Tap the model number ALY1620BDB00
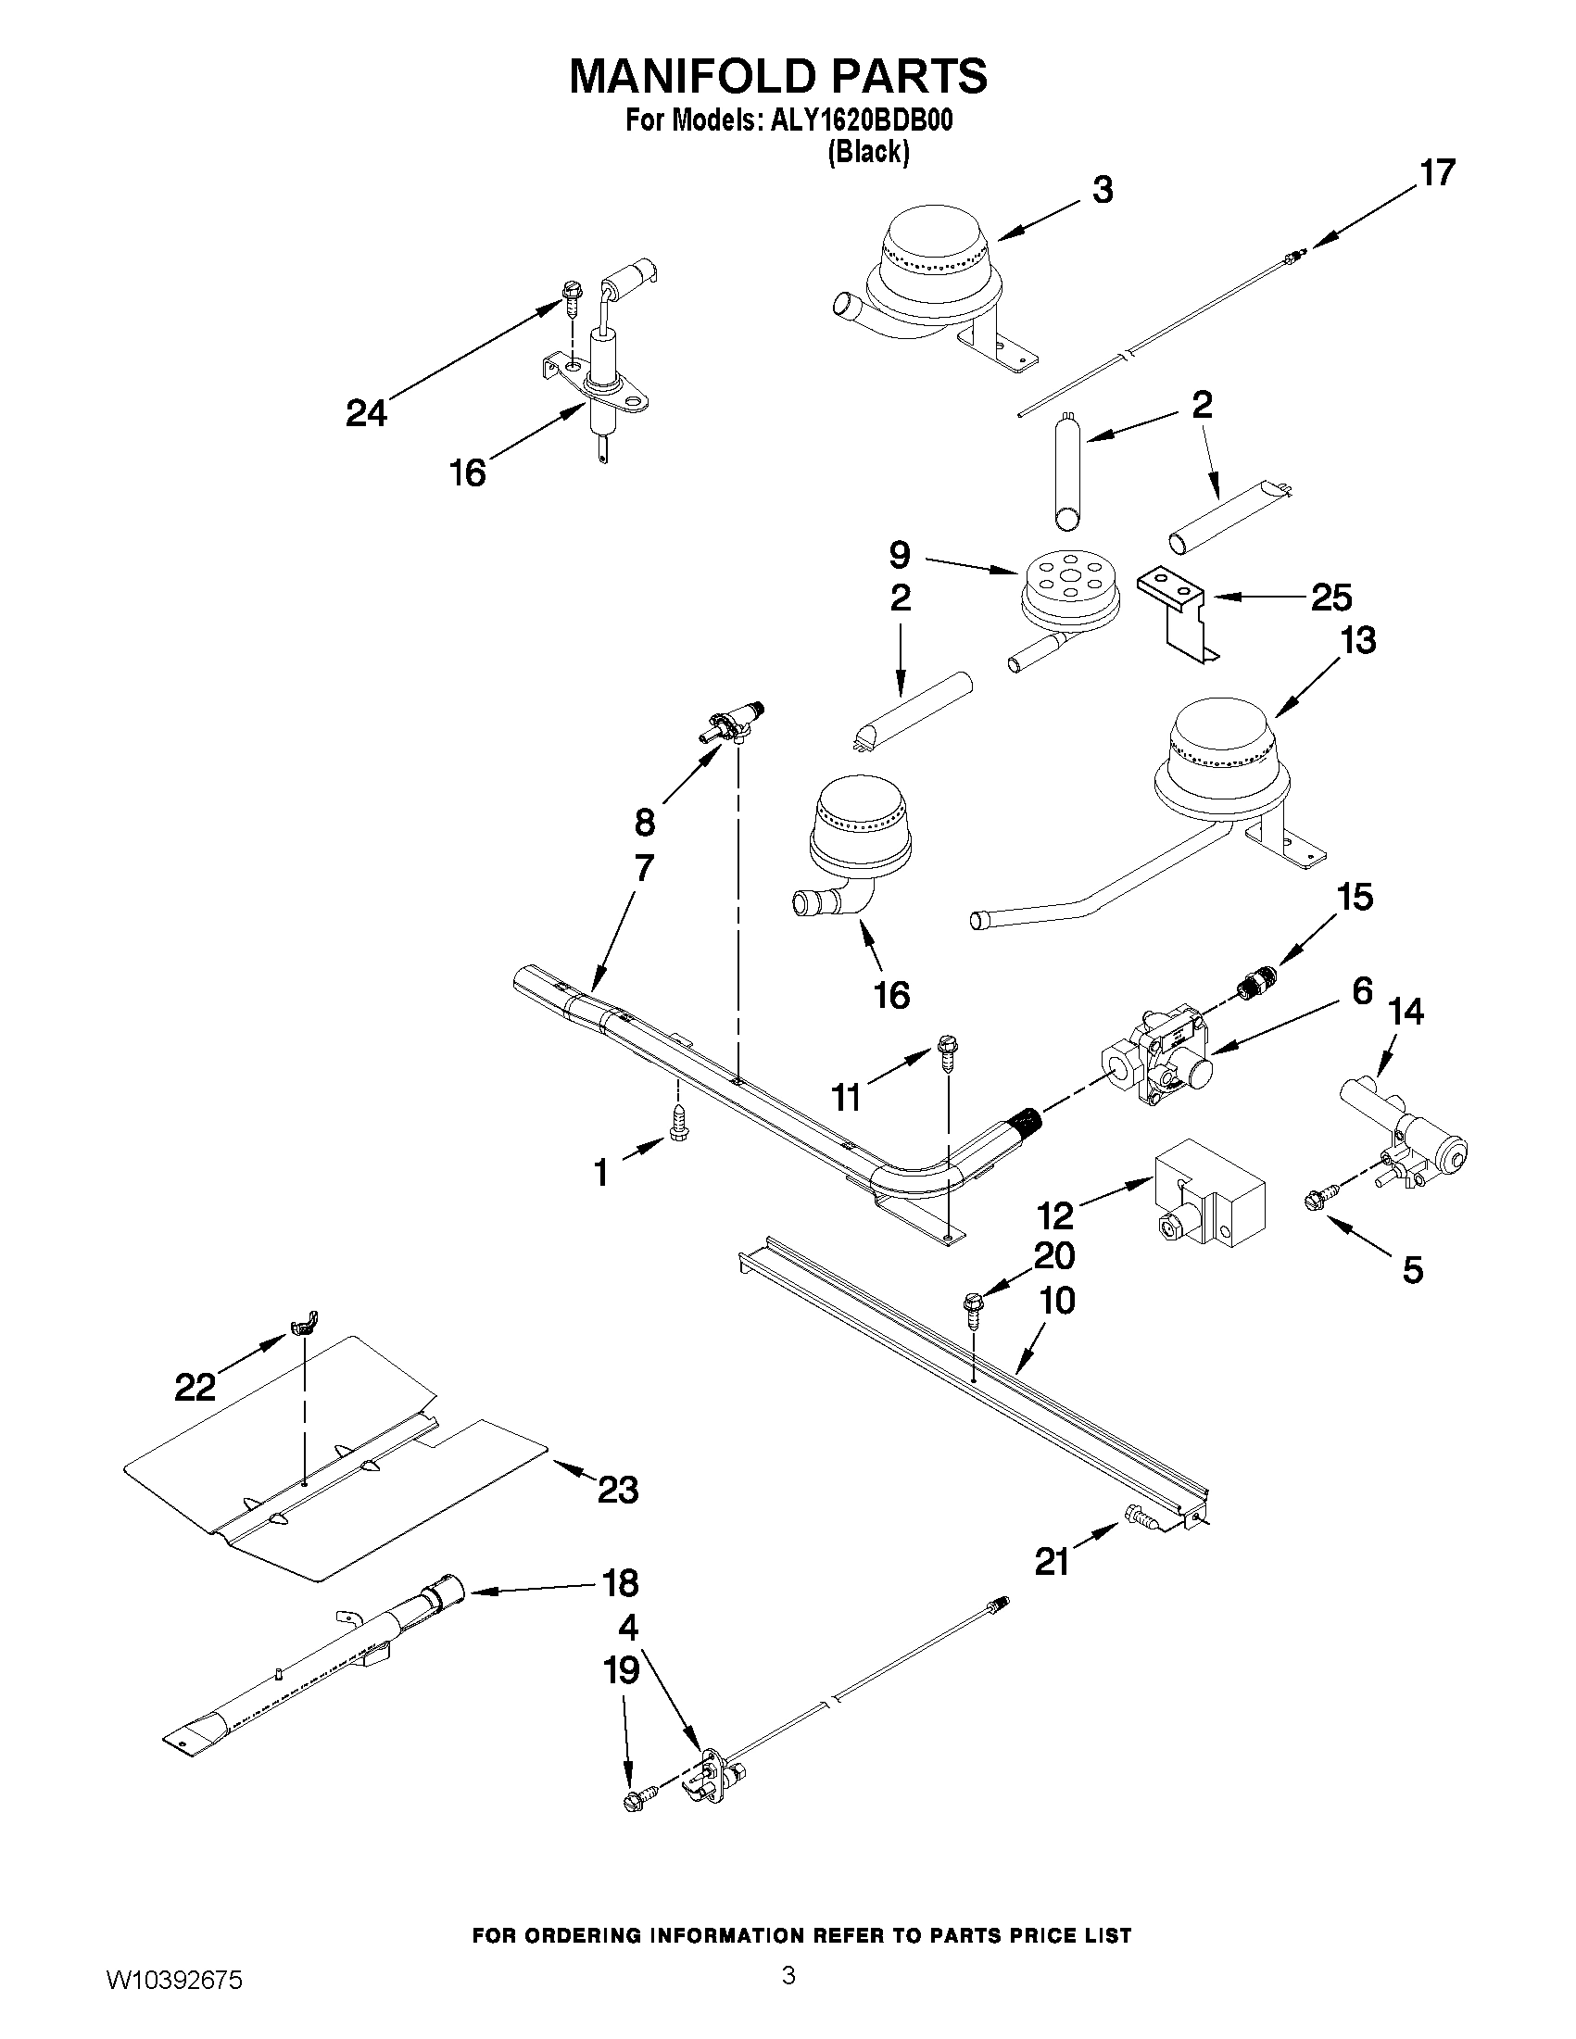coord(860,121)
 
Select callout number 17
coord(1438,173)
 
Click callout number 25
coord(1331,598)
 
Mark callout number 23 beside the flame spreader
coord(617,1490)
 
